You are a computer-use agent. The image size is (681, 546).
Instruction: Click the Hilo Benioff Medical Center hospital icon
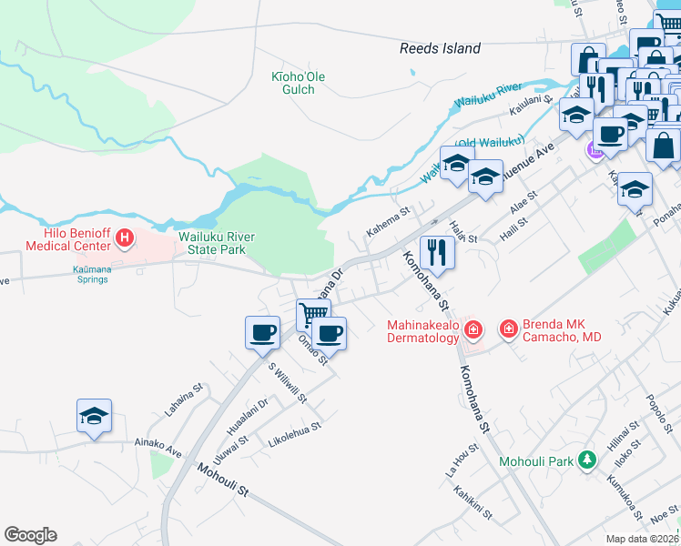pyautogui.click(x=125, y=239)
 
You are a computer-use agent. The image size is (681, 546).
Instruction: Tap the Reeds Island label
pyautogui.click(x=440, y=48)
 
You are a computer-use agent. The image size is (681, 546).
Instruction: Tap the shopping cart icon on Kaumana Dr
pyautogui.click(x=312, y=314)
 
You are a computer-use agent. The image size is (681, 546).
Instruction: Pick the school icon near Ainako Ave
pyautogui.click(x=94, y=415)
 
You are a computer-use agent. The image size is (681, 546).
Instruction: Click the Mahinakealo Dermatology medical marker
pyautogui.click(x=473, y=329)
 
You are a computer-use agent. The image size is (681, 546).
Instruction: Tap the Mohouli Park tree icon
pyautogui.click(x=588, y=460)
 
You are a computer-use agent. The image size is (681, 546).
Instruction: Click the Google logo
pyautogui.click(x=30, y=535)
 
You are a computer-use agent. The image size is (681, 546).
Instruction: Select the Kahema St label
pyautogui.click(x=389, y=221)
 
